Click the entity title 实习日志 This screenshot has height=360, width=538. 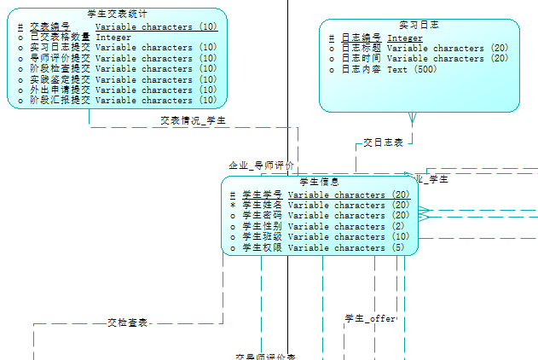click(419, 26)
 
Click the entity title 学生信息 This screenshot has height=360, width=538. click(320, 183)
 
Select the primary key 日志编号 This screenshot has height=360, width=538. click(361, 38)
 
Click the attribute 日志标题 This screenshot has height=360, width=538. click(361, 48)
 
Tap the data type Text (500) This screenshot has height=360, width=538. click(412, 69)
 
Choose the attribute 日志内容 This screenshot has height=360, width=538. click(361, 69)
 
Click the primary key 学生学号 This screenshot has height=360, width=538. click(263, 195)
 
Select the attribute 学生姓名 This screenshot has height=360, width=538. click(263, 206)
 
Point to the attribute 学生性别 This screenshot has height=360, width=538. click(263, 226)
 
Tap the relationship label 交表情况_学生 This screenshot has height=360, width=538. click(194, 121)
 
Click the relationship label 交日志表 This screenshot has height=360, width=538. click(383, 143)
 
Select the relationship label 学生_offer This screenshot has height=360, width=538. click(370, 318)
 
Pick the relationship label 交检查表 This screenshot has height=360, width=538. click(128, 323)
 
